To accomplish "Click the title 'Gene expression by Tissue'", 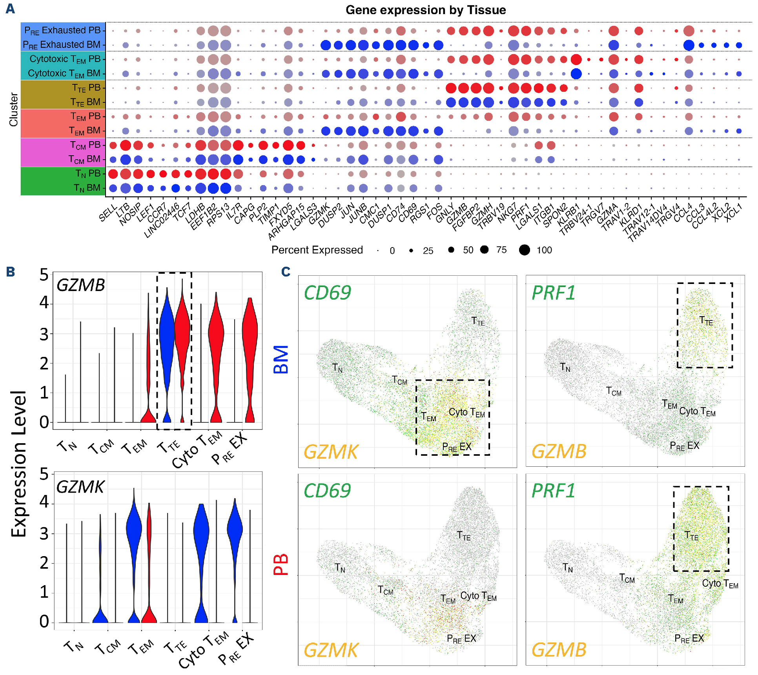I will (x=425, y=10).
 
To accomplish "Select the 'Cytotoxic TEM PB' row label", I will (x=65, y=59).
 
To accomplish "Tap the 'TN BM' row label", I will (x=87, y=188).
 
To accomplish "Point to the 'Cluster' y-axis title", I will (x=14, y=109).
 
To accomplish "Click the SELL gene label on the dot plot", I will (x=108, y=213).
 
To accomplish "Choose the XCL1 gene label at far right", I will (x=733, y=213).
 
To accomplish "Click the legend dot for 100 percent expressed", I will (x=524, y=250).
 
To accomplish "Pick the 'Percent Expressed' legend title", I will (x=317, y=250).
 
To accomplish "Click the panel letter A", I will (x=10, y=8).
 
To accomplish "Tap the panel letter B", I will (x=10, y=271).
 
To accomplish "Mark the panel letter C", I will (x=286, y=271).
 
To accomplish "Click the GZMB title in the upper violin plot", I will (x=81, y=285).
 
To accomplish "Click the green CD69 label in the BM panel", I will (x=327, y=293).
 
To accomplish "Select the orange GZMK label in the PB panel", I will (x=330, y=650).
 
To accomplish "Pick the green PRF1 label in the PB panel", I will (x=553, y=491).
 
